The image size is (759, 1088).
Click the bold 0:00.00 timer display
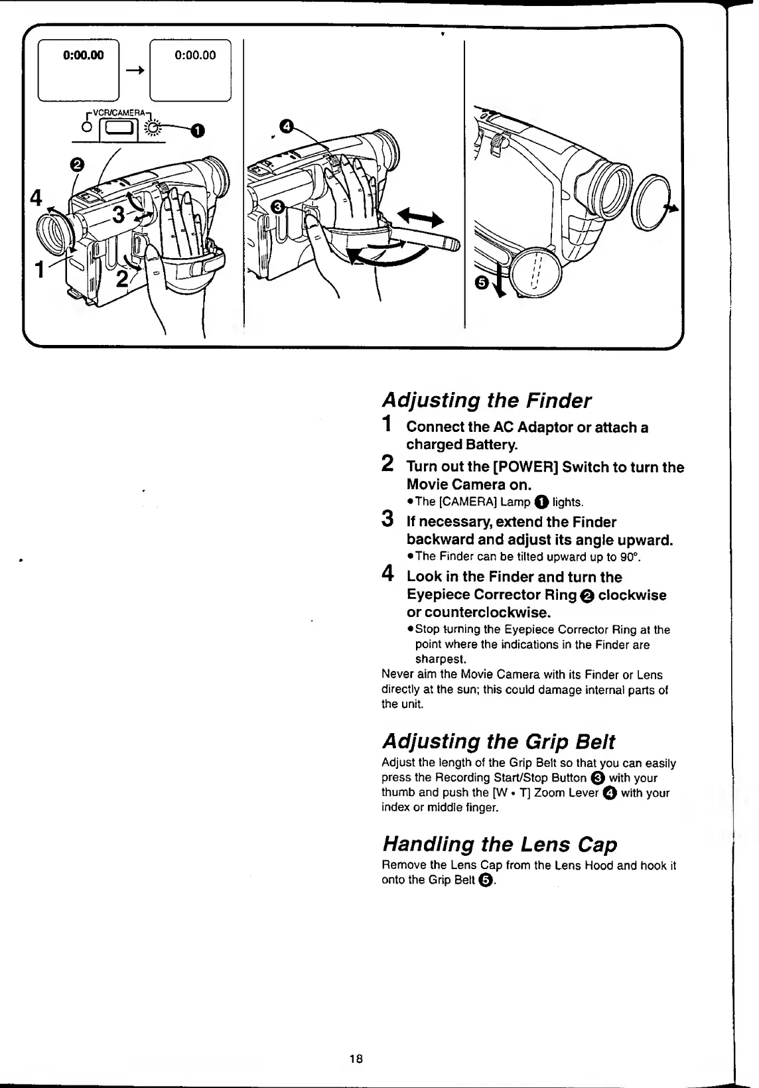click(84, 56)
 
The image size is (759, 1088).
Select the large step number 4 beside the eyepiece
click(36, 199)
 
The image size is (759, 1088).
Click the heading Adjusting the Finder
click(486, 401)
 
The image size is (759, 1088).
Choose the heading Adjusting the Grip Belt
click(498, 741)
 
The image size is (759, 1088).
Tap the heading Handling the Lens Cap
click(500, 845)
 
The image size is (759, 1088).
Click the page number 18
click(356, 1059)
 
